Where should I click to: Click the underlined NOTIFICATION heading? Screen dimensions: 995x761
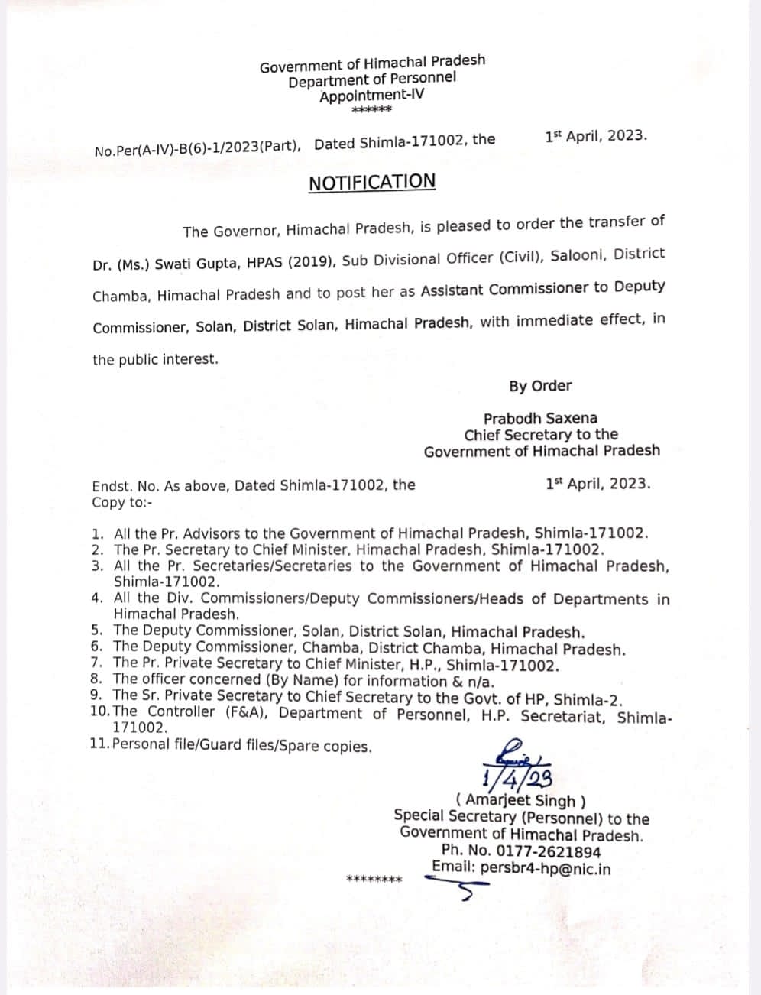point(372,183)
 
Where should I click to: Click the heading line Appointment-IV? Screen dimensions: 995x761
point(371,96)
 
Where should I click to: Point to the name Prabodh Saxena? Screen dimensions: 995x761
point(540,418)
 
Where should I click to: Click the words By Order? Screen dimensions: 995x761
point(540,386)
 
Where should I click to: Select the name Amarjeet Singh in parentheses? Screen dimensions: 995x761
point(521,800)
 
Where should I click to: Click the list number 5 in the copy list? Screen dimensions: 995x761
point(97,631)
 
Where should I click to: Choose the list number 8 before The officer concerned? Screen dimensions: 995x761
point(97,679)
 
